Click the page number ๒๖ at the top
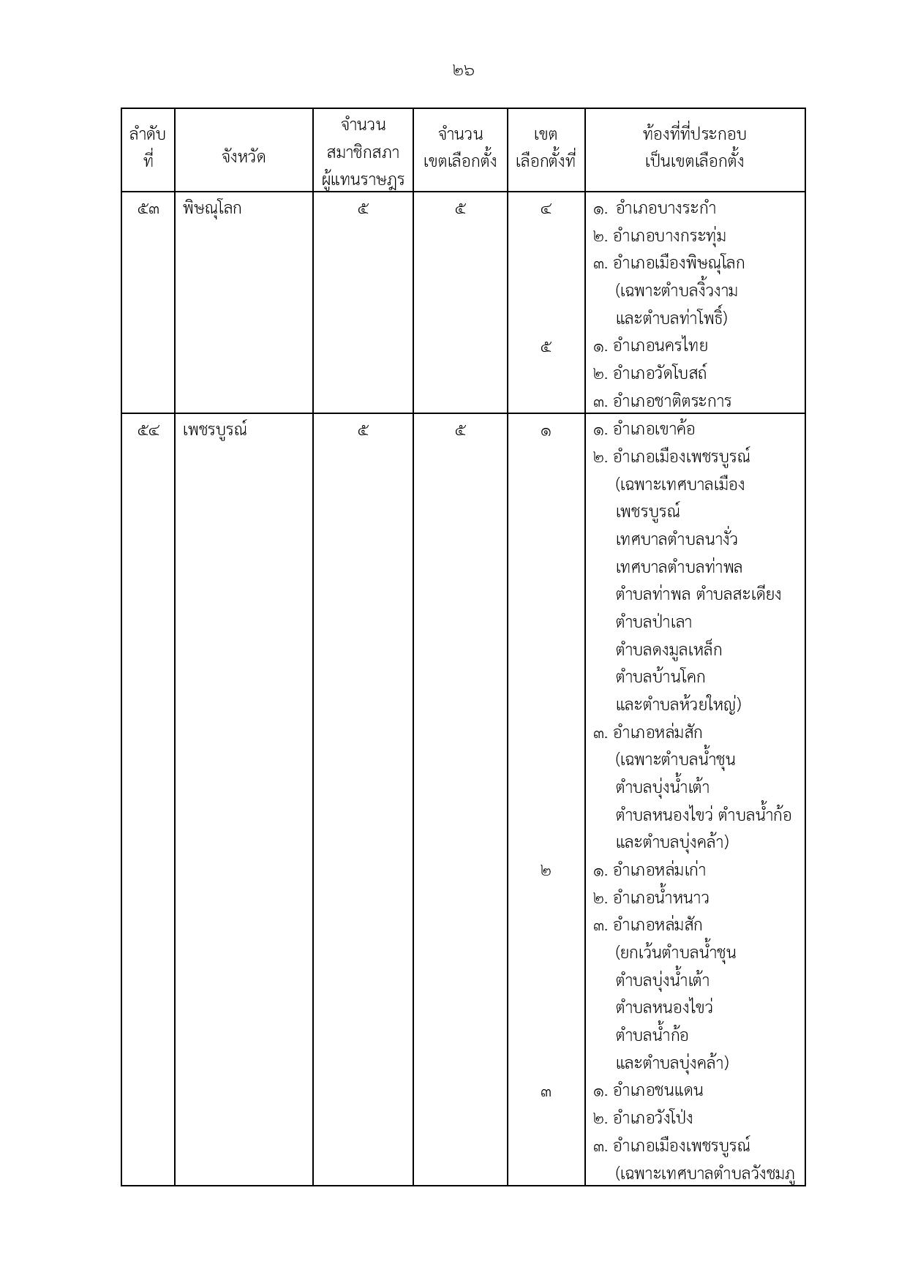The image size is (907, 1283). click(x=463, y=71)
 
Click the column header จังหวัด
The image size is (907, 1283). click(x=244, y=157)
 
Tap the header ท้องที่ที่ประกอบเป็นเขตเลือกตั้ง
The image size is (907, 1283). click(x=694, y=147)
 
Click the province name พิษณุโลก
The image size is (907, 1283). click(x=212, y=209)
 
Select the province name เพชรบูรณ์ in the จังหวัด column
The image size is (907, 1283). click(x=215, y=430)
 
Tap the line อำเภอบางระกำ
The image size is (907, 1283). click(x=665, y=209)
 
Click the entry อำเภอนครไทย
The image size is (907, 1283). click(x=660, y=346)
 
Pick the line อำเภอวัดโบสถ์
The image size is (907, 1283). click(x=660, y=374)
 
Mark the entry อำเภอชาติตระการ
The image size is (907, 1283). click(x=671, y=401)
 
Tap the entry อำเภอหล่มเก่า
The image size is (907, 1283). click(x=659, y=870)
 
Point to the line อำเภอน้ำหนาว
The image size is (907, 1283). click(x=661, y=898)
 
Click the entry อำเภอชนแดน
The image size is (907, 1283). click(x=658, y=1091)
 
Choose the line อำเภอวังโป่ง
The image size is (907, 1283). click(x=652, y=1118)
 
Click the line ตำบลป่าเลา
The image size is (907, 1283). click(x=653, y=622)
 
